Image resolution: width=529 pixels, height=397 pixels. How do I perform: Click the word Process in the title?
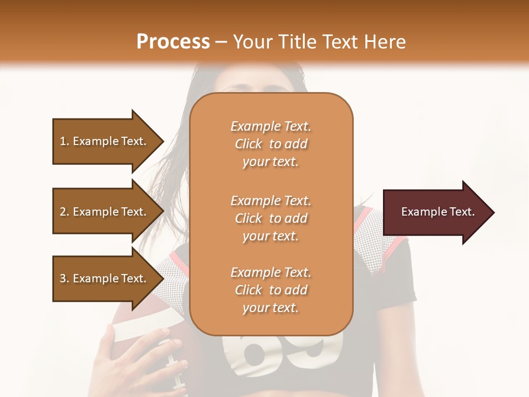click(x=173, y=41)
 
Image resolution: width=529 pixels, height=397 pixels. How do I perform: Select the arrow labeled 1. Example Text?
click(x=105, y=141)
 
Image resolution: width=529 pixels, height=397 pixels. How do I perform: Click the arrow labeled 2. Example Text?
click(x=105, y=212)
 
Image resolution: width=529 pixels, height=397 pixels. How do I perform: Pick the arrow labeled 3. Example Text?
click(x=105, y=278)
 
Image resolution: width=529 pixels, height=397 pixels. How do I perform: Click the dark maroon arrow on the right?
click(x=435, y=212)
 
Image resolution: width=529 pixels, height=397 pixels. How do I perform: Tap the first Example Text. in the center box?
click(x=271, y=126)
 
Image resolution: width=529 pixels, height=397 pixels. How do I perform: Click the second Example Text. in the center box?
click(x=271, y=201)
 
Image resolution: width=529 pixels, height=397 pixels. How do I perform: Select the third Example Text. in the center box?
click(x=271, y=272)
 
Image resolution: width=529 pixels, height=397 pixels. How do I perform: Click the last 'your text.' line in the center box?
click(x=271, y=308)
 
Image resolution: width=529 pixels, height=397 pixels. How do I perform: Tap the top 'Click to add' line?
click(x=271, y=144)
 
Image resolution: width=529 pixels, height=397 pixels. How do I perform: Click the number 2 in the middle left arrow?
click(x=63, y=212)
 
